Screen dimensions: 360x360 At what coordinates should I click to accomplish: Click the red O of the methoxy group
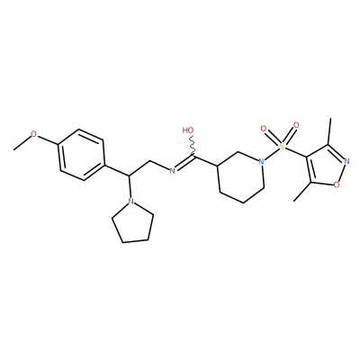click(34, 134)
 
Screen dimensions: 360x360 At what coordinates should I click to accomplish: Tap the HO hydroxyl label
click(188, 130)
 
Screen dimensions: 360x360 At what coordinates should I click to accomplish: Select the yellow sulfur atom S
click(281, 147)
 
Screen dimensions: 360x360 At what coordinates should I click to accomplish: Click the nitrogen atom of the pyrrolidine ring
click(130, 201)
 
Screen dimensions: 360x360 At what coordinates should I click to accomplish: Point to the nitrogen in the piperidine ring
click(262, 161)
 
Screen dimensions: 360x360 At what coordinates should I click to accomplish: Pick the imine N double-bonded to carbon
click(172, 171)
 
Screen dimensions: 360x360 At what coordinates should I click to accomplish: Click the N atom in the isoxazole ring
click(347, 161)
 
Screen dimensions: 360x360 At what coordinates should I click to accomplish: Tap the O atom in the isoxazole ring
click(337, 184)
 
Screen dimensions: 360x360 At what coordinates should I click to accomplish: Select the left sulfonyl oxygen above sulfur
click(264, 130)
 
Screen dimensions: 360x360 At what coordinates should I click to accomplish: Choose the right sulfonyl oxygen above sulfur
click(296, 125)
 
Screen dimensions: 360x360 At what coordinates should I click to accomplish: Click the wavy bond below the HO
click(192, 146)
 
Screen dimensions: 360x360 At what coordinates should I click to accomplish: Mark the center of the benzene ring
click(82, 155)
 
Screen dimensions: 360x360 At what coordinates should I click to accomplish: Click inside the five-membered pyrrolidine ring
click(133, 223)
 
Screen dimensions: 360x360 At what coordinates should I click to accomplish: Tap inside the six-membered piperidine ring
click(240, 177)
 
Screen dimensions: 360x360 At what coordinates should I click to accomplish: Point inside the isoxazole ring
click(327, 166)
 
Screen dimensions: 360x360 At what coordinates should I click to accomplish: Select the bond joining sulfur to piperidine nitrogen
click(272, 154)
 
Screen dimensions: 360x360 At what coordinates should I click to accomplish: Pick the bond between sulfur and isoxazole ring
click(295, 152)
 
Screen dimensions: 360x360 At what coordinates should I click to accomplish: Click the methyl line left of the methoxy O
click(22, 142)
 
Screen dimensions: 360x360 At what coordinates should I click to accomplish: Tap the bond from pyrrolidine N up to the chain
click(130, 186)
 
